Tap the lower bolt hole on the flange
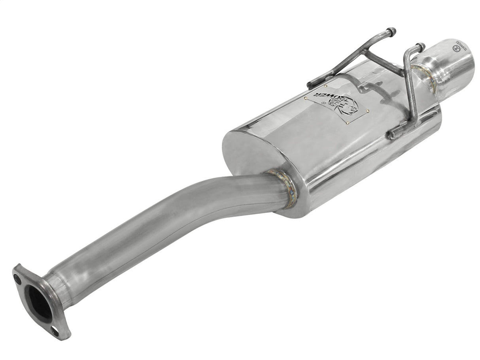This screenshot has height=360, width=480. (55, 332)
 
